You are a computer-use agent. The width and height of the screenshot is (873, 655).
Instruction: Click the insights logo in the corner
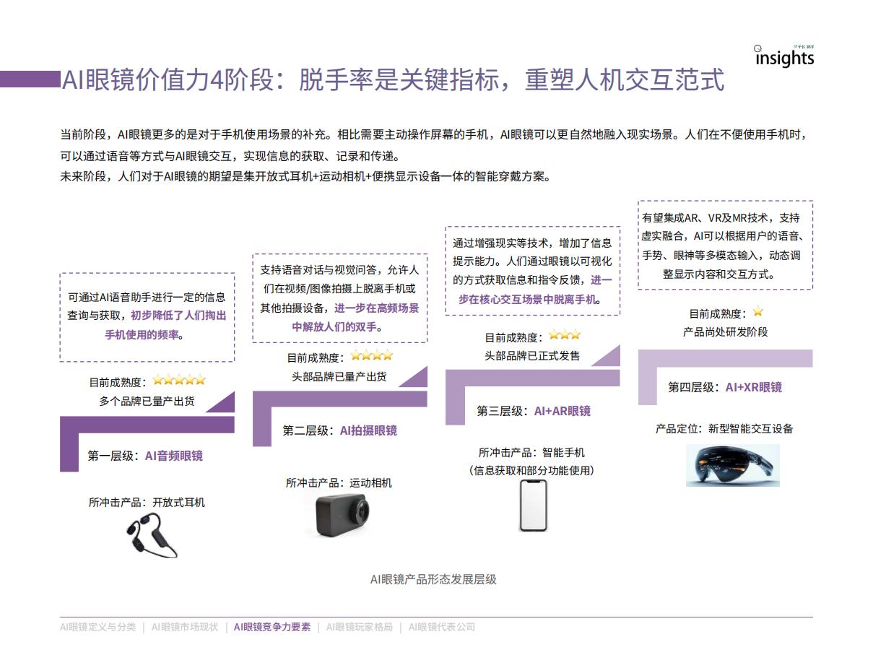pos(783,57)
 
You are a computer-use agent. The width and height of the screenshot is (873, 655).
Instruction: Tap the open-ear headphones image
pos(152,535)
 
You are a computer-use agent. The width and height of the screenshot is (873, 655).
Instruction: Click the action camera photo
pos(342,515)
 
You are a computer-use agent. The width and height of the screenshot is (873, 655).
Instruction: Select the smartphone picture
pos(534,506)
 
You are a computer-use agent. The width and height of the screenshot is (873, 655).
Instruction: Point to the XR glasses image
pos(733,465)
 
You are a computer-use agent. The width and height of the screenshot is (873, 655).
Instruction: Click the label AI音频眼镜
pos(174,456)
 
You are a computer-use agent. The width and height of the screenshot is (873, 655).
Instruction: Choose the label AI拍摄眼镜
pos(368,430)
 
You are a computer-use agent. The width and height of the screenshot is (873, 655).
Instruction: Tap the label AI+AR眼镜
pos(562,411)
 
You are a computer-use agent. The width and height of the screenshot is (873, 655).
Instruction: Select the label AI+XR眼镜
pos(754,387)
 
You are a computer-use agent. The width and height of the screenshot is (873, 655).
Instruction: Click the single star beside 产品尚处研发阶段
pos(758,311)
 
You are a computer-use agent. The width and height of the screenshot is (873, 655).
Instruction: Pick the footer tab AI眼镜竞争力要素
pos(272,627)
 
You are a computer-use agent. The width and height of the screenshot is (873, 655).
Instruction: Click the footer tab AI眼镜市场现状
pos(185,627)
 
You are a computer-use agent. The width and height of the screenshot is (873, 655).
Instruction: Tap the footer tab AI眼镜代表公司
pos(442,627)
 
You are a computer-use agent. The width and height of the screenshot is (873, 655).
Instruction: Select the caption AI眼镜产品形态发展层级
pos(433,579)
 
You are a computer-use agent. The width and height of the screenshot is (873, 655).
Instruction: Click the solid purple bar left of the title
pos(30,79)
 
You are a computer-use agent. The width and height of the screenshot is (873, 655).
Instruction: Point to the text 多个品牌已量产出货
pos(147,402)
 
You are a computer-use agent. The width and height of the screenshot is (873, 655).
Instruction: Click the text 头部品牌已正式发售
pos(532,356)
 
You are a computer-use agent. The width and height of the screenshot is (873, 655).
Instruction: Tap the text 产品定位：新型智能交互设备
pos(724,429)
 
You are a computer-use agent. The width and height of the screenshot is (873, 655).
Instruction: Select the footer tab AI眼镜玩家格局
pos(360,627)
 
